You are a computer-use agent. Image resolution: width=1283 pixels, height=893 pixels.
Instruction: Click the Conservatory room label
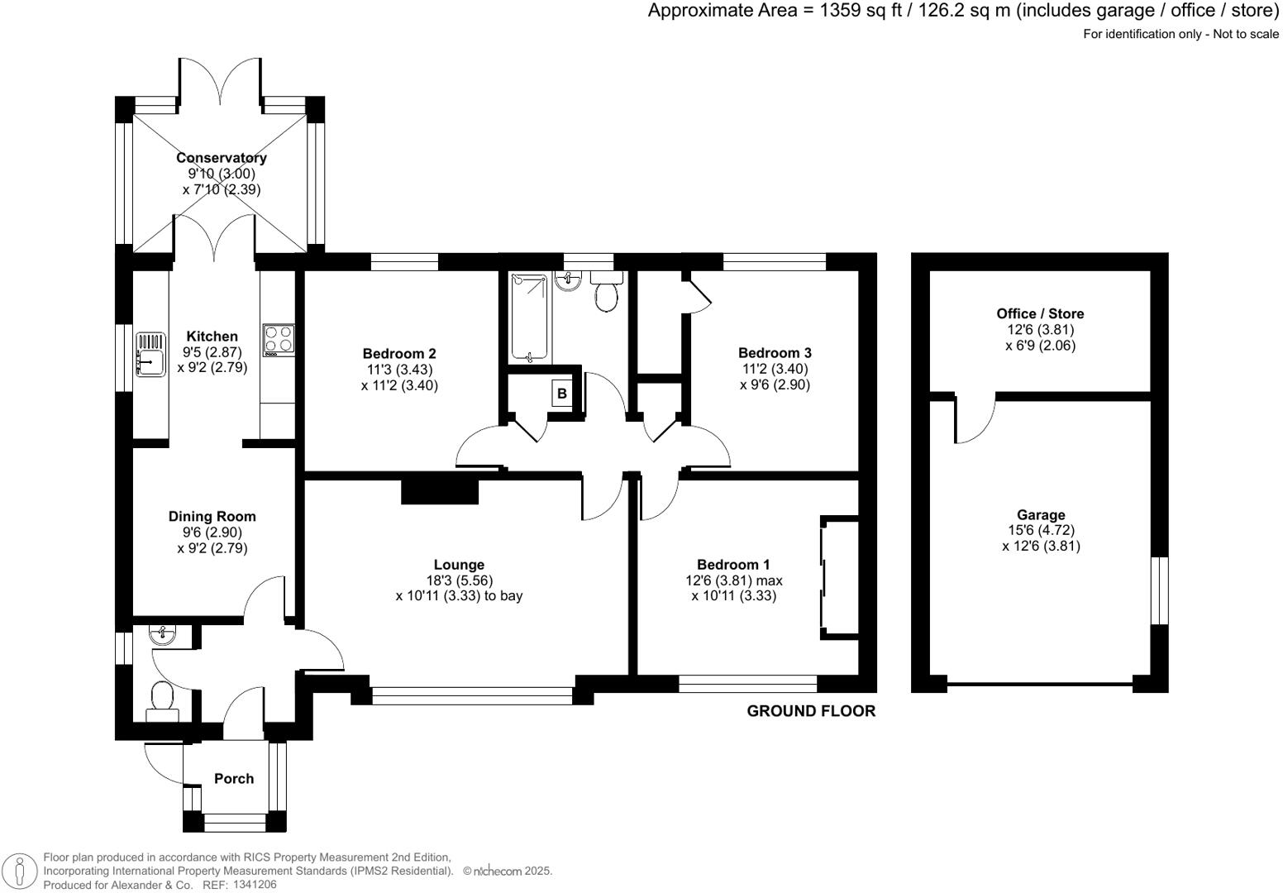pyautogui.click(x=221, y=158)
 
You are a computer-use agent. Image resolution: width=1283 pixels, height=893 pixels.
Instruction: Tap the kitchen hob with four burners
pyautogui.click(x=279, y=340)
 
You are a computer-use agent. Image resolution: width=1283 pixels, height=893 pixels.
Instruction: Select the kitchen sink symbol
pyautogui.click(x=150, y=355)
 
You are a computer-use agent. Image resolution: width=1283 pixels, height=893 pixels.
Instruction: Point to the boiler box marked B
pyautogui.click(x=562, y=394)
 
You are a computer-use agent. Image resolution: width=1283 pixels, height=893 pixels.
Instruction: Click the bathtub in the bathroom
pyautogui.click(x=529, y=318)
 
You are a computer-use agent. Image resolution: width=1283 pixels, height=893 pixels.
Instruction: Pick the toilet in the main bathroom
pyautogui.click(x=606, y=292)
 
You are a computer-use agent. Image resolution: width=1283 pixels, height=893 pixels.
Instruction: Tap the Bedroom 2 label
pyautogui.click(x=399, y=353)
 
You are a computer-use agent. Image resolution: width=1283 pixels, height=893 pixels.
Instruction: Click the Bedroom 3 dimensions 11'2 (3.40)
pyautogui.click(x=775, y=369)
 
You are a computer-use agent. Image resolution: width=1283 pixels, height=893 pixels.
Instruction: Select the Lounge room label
pyautogui.click(x=459, y=565)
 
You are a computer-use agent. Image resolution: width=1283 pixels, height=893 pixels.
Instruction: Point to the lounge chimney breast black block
pyautogui.click(x=439, y=491)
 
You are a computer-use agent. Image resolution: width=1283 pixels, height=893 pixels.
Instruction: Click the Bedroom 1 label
pyautogui.click(x=733, y=564)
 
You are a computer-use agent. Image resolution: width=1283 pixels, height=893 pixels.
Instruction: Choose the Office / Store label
pyautogui.click(x=1040, y=313)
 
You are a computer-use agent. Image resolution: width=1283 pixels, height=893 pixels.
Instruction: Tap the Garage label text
pyautogui.click(x=1041, y=515)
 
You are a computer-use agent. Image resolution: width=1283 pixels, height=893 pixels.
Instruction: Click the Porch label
pyautogui.click(x=234, y=778)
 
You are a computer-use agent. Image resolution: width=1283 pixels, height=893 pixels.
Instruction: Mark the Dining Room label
pyautogui.click(x=212, y=516)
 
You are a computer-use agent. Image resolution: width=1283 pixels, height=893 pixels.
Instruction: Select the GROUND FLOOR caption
pyautogui.click(x=811, y=711)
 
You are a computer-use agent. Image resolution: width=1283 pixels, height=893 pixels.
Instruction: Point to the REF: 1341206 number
pyautogui.click(x=240, y=885)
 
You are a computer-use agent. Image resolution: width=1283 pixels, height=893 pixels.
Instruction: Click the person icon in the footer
pyautogui.click(x=20, y=871)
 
